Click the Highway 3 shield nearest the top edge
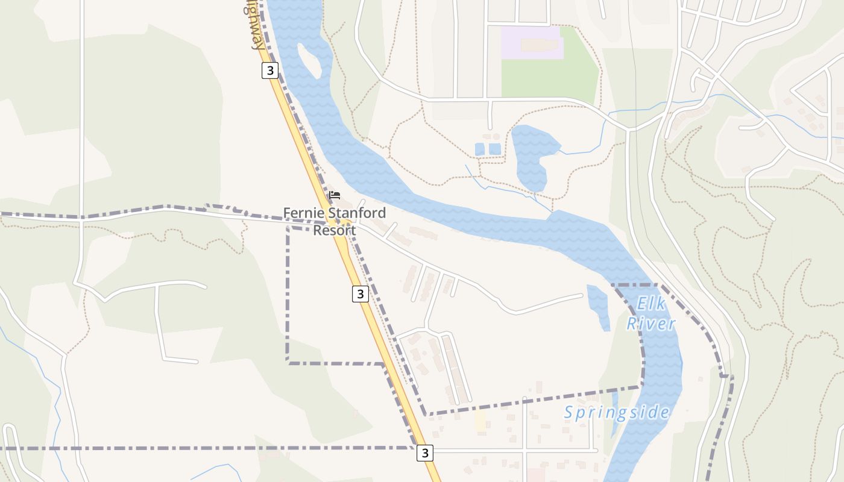(270, 70)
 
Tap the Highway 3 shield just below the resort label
(360, 293)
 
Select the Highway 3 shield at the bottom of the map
(425, 452)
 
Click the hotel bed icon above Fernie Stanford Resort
(335, 195)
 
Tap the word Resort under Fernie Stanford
(334, 230)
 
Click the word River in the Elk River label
(651, 324)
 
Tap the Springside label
(616, 413)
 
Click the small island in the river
(309, 61)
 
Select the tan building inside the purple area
(540, 45)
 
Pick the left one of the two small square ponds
(480, 149)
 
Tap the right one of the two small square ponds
(494, 149)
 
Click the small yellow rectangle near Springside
(480, 420)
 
